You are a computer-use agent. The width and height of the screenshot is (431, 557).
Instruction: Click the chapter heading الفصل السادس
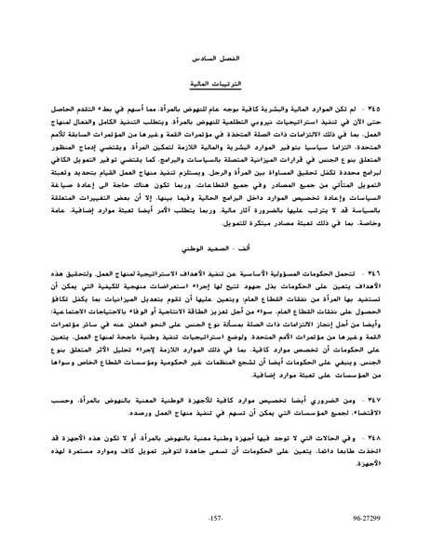[x=215, y=58]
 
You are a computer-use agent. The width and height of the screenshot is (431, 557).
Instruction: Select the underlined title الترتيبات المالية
[x=215, y=83]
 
